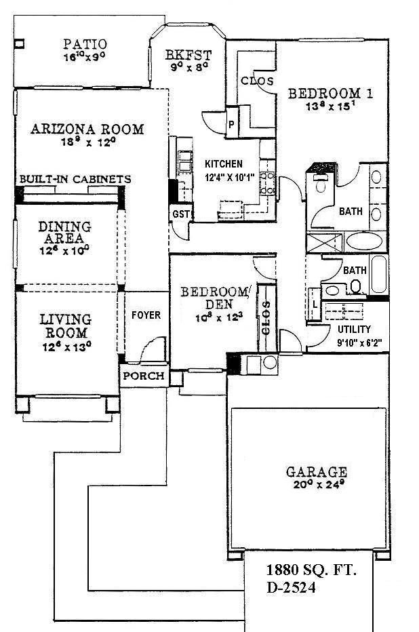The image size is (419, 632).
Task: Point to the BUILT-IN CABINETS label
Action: click(x=75, y=179)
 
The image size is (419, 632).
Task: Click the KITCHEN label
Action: click(x=224, y=164)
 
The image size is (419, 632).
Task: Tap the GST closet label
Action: click(x=180, y=215)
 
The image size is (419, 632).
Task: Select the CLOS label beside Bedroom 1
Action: click(x=258, y=81)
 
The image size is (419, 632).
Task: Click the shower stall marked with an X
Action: click(x=324, y=243)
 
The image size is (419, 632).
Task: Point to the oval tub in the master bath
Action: click(x=363, y=242)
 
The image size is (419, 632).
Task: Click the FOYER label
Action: click(x=145, y=315)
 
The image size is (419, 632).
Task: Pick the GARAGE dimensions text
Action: click(x=307, y=485)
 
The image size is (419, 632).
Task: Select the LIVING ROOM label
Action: click(x=62, y=325)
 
